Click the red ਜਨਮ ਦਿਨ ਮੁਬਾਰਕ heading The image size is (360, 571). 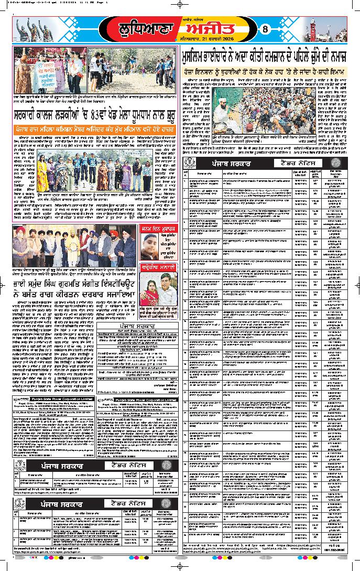coord(159,229)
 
